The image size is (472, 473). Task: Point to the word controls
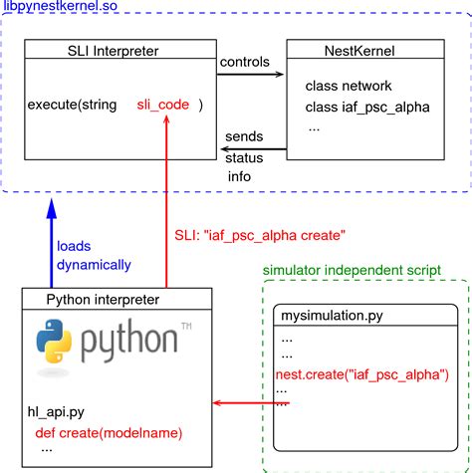click(245, 62)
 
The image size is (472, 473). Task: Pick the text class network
click(349, 87)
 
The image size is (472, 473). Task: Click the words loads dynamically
click(93, 255)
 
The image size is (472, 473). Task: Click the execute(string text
click(72, 105)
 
